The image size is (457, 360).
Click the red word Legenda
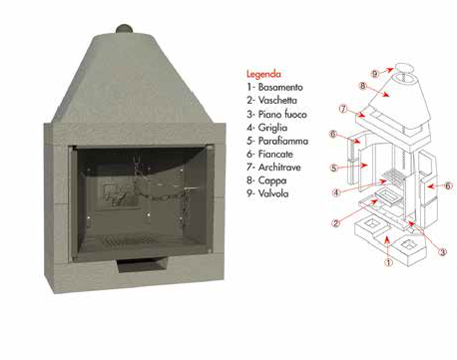point(263,74)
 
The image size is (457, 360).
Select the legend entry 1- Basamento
point(274,88)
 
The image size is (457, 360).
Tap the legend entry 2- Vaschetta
point(271,101)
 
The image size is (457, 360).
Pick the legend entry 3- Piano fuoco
point(276,115)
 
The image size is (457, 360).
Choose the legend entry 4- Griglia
point(267,128)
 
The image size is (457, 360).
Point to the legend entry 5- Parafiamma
point(277,141)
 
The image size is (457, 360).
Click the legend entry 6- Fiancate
point(269,155)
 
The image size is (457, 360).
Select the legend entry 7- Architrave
point(273,168)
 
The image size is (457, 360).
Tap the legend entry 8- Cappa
point(266,180)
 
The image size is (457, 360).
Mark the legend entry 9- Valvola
point(267,193)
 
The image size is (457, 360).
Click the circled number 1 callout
point(388,262)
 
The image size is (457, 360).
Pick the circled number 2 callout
point(336,222)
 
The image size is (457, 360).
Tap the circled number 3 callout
point(442,252)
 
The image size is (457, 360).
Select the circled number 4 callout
point(336,192)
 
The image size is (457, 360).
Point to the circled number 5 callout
point(334,168)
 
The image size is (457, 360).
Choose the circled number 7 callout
point(343,109)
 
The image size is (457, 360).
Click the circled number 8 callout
point(363,86)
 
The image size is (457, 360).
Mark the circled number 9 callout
point(375,74)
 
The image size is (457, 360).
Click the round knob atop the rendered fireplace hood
point(125,29)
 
